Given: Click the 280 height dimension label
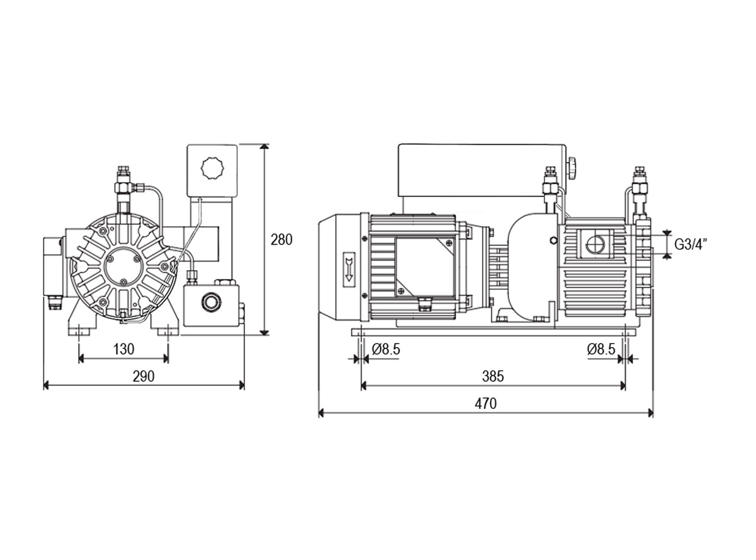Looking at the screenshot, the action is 281,240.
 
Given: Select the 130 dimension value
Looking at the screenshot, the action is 123,349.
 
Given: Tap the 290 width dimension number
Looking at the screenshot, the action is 144,376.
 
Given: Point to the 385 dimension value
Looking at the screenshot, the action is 493,376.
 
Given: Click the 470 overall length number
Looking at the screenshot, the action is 486,404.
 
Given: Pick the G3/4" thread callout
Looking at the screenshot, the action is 689,244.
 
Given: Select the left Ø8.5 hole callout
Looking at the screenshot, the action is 386,349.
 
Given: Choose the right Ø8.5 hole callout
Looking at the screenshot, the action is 601,349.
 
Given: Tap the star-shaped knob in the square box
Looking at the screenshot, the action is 212,168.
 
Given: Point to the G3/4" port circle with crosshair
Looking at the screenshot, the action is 595,244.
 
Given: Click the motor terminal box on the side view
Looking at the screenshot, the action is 425,266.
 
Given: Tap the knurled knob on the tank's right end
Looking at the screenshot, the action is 571,168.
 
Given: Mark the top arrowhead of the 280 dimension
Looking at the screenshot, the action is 265,147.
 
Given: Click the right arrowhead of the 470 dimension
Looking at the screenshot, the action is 650,413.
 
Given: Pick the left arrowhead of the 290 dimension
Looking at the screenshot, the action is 47,386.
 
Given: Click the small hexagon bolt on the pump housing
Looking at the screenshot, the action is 554,241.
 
